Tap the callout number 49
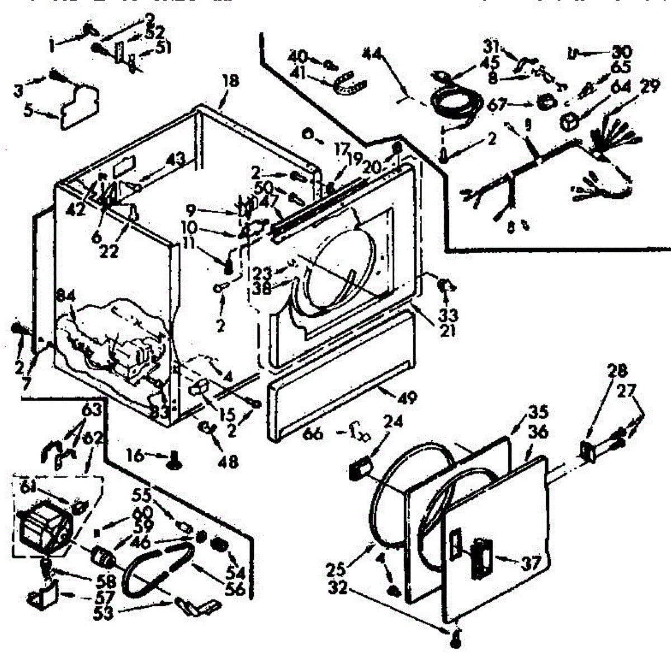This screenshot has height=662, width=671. [x=407, y=397]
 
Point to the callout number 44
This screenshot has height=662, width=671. [x=371, y=54]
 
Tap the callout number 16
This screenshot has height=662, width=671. [x=134, y=456]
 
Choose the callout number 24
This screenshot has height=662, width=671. [x=393, y=421]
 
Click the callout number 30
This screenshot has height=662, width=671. [x=621, y=53]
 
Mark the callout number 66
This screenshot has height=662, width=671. [x=314, y=432]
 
